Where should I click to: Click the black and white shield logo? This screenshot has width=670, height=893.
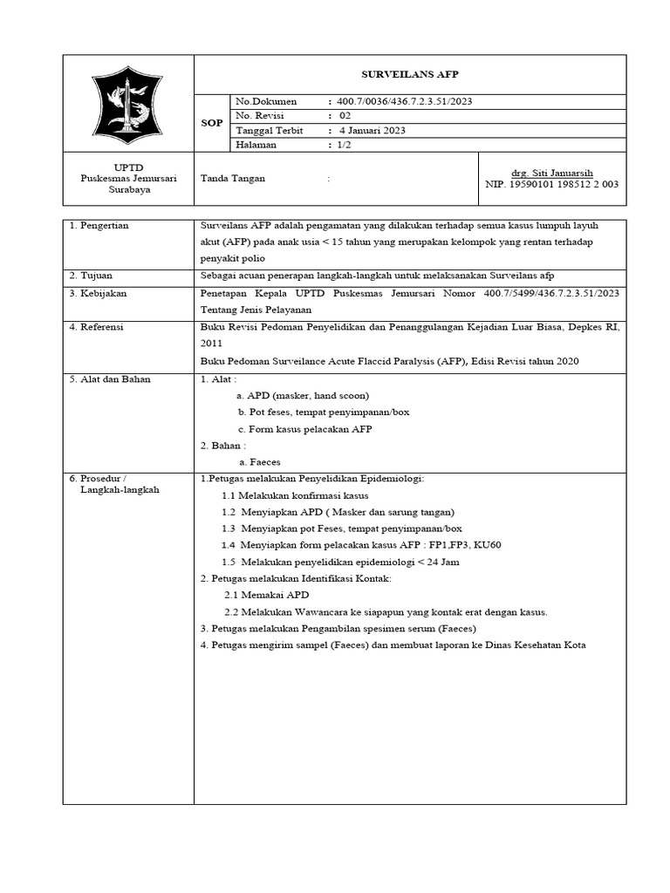pos(128,103)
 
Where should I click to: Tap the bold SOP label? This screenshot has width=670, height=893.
pos(212,123)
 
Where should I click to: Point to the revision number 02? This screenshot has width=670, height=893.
pos(345,115)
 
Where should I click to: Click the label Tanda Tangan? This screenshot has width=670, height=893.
pos(233,178)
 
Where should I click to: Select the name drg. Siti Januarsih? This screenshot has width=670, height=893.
pos(551,173)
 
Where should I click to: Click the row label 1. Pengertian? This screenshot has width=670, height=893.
pos(99,225)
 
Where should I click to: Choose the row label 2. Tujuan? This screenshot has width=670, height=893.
pos(91,276)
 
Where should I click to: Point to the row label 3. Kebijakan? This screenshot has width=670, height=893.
pos(98,293)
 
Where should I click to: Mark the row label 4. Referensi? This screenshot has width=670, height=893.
pos(97,326)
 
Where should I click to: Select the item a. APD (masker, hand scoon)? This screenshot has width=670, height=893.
pos(297,396)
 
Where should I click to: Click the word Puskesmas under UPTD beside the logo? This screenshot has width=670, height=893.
pos(101,178)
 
